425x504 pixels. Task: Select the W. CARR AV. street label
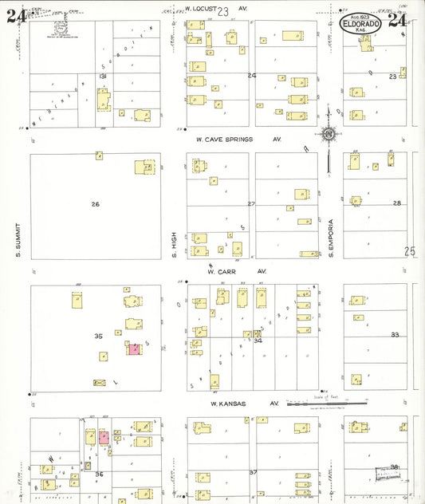pos(236,271)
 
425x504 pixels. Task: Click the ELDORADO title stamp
pos(368,22)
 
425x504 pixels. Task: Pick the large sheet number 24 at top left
pos(14,17)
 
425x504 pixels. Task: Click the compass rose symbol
pos(329,135)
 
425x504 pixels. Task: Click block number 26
pos(96,204)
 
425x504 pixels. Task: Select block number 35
pos(98,336)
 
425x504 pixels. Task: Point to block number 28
pos(396,203)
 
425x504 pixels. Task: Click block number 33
pos(395,335)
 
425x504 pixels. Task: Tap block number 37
pos(253,472)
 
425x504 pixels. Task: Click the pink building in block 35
pos(134,348)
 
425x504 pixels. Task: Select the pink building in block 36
pos(103,437)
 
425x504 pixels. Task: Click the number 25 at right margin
pos(410,251)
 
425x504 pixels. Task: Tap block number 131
pos(102,76)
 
